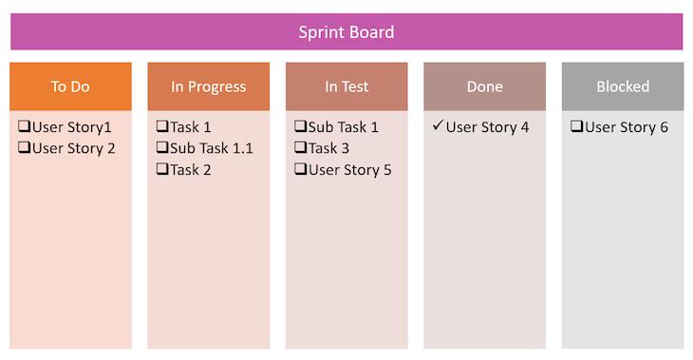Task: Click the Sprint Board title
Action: pos(346,32)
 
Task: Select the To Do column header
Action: pos(70,86)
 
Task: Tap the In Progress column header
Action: pos(208,86)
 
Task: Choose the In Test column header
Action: pos(346,86)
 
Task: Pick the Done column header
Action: pos(484,86)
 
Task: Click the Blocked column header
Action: pos(623,86)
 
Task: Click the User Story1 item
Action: pos(71,127)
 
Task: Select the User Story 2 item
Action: pos(73,148)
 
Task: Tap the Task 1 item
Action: pos(191,127)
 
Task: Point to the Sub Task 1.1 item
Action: pos(211,148)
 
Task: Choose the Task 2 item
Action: pos(191,169)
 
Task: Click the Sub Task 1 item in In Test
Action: pos(343,127)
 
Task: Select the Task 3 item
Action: pos(328,148)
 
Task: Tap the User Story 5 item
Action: pos(349,170)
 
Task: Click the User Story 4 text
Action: pos(487,127)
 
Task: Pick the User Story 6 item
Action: pos(627,127)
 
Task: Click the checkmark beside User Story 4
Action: pos(437,126)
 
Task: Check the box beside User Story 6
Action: pos(576,127)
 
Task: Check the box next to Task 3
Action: pos(300,148)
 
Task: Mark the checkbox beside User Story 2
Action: pos(24,148)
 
